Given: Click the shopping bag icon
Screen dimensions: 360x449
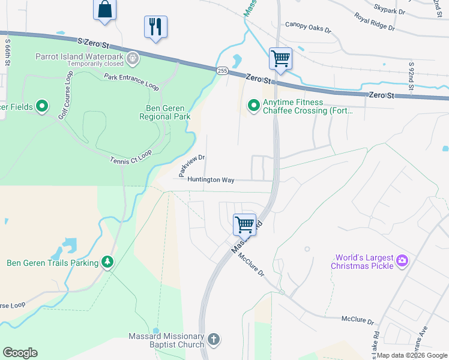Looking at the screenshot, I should (x=104, y=10).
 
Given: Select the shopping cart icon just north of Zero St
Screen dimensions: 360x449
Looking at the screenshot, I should (x=280, y=59).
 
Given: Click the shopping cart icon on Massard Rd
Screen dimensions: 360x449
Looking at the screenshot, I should (x=245, y=224).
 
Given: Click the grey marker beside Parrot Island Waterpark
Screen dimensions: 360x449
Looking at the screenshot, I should (x=133, y=59).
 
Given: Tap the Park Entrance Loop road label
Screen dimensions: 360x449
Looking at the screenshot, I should (x=131, y=82).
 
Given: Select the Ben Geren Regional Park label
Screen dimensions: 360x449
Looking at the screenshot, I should (x=164, y=112).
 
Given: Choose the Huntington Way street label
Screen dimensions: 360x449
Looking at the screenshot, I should (x=210, y=179).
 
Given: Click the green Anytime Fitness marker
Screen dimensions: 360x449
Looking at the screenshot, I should (x=254, y=106).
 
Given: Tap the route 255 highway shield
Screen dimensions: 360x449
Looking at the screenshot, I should (x=222, y=71).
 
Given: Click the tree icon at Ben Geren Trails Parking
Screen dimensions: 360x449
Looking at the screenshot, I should (x=107, y=262).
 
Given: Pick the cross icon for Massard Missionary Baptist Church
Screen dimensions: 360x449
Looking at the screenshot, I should (x=213, y=340).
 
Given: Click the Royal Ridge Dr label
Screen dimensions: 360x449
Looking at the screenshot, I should (x=375, y=22).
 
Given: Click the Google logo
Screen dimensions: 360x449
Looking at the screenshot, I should (x=20, y=353).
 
